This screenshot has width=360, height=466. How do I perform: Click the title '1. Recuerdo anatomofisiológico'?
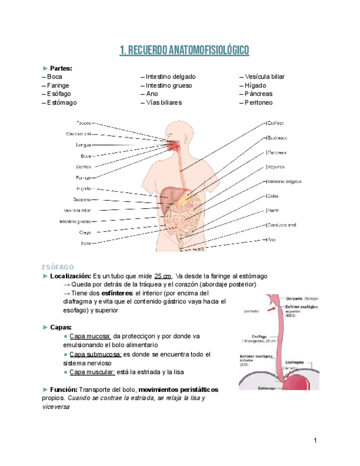click(x=184, y=51)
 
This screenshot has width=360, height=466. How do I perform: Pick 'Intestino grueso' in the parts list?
click(x=167, y=86)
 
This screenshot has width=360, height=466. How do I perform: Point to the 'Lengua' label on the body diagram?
click(x=84, y=145)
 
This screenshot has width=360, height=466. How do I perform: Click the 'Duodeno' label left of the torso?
click(x=82, y=199)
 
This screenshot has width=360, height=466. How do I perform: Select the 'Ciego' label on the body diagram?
click(x=85, y=232)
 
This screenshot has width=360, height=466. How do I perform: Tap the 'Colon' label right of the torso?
click(x=274, y=196)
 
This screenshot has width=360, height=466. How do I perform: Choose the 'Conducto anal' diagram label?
click(x=282, y=225)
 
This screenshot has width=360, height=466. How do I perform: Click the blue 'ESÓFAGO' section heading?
click(x=58, y=267)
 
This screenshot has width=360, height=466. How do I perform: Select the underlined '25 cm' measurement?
click(x=163, y=276)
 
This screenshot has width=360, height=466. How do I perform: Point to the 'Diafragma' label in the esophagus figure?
click(x=297, y=363)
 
